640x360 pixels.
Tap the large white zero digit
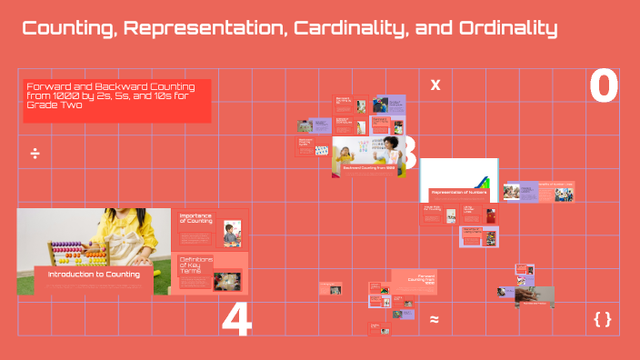(604, 86)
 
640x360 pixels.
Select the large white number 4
(236, 321)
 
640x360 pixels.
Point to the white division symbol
(35, 153)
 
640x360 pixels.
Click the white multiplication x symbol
(435, 85)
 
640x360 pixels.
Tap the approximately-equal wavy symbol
(435, 319)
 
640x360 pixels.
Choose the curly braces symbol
(602, 319)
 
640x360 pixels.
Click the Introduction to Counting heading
(94, 274)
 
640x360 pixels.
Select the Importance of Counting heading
(195, 219)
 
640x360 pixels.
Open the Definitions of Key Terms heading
(195, 265)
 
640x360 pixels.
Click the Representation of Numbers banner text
(459, 193)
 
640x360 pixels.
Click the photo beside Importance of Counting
(232, 233)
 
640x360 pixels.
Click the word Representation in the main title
(203, 29)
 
